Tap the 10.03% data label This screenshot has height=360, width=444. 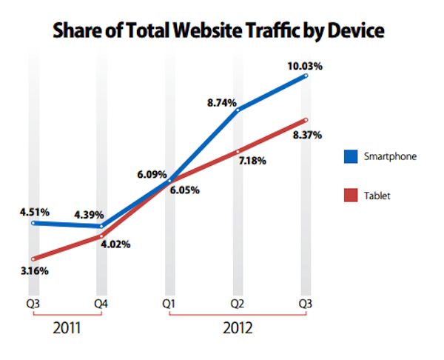[305, 67]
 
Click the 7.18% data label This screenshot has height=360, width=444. [252, 161]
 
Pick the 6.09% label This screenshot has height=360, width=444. [152, 175]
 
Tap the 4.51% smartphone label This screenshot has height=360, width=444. [34, 212]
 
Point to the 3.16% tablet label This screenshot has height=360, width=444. [33, 270]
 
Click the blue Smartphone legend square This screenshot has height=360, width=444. [350, 156]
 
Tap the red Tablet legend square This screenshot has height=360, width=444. [350, 196]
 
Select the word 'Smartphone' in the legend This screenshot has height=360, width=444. [391, 156]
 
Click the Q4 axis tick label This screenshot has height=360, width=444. [101, 303]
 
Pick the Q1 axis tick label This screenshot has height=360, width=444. [169, 303]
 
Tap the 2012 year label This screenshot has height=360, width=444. [238, 327]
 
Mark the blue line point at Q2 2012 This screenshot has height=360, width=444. [238, 110]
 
